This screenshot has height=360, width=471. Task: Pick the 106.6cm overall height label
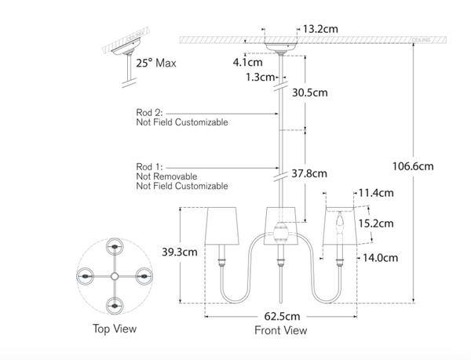point(413,165)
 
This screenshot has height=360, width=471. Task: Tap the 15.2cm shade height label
point(375,223)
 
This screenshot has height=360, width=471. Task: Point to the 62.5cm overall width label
point(280,316)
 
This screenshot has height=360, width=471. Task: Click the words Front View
point(280,330)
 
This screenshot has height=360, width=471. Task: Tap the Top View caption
point(114,329)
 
